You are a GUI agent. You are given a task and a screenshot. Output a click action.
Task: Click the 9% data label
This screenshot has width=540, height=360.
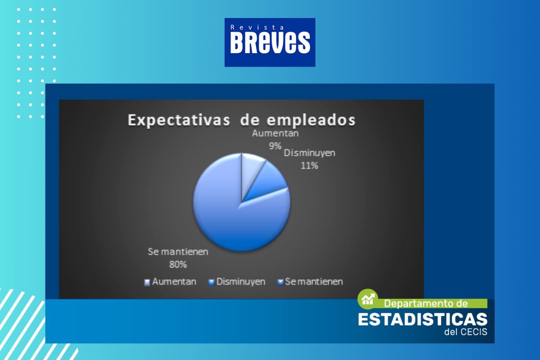click(x=275, y=146)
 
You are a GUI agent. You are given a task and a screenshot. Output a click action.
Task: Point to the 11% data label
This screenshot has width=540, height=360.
click(x=309, y=166)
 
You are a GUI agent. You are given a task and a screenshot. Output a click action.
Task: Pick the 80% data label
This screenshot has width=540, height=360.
click(x=178, y=265)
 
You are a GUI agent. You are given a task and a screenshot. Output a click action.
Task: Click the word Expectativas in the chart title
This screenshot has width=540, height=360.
click(x=179, y=120)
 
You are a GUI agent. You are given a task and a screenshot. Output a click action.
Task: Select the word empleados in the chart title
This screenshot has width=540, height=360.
click(x=311, y=120)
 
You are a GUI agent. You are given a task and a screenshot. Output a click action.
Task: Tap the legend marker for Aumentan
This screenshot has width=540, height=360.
click(x=147, y=282)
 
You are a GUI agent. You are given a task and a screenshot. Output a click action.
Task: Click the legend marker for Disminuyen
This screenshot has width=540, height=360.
click(x=211, y=282)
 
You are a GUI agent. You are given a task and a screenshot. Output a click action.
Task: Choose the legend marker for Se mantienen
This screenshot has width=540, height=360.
click(x=280, y=282)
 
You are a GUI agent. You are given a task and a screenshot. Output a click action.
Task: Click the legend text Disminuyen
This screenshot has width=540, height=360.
click(x=241, y=282)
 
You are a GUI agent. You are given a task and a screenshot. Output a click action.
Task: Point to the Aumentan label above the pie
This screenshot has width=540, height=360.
click(x=275, y=133)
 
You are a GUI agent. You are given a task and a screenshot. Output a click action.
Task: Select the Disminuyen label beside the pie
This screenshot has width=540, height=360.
click(x=310, y=153)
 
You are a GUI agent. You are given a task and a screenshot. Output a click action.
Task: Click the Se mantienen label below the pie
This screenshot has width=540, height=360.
click(x=178, y=252)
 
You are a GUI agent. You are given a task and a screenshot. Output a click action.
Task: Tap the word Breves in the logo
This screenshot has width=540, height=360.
click(x=270, y=43)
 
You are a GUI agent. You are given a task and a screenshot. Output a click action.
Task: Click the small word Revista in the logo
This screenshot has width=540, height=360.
click(x=257, y=27)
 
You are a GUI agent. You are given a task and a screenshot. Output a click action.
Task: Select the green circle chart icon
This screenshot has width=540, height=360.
click(x=367, y=299)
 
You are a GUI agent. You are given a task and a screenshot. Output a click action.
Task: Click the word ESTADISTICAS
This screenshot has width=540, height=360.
click(x=423, y=319)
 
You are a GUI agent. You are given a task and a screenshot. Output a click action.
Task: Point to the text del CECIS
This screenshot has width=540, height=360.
click(x=466, y=332)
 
